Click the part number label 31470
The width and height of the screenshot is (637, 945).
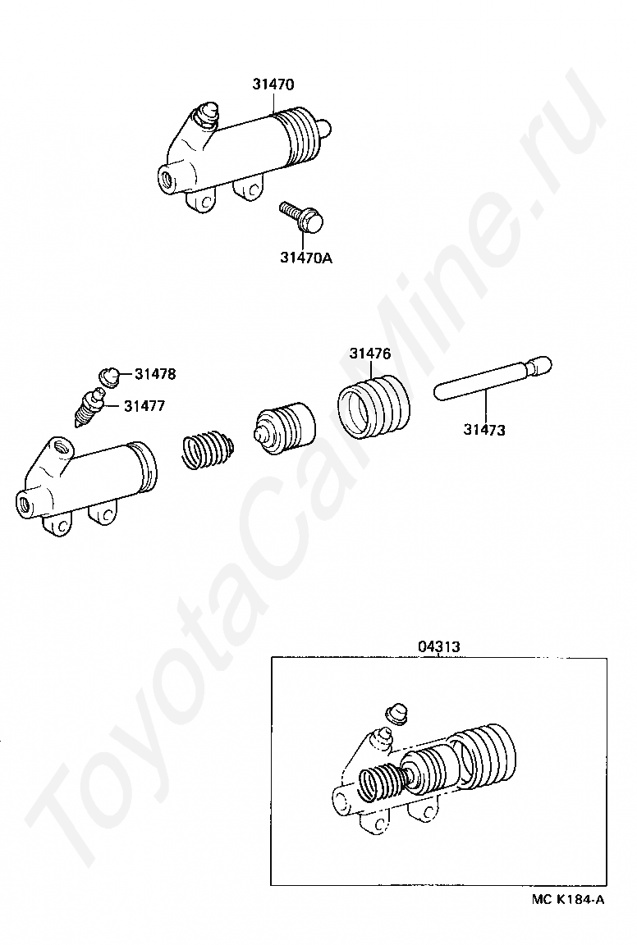click(274, 84)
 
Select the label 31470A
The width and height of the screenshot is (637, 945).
click(305, 257)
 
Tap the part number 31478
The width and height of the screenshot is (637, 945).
click(155, 374)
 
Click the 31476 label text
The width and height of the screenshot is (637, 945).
click(369, 354)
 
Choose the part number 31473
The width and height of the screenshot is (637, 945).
click(484, 429)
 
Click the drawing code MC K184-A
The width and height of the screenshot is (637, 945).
click(568, 899)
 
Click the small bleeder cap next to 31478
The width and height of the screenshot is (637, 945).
click(108, 376)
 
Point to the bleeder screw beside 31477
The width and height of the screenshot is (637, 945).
click(89, 408)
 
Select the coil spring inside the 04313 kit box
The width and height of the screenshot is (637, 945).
click(382, 781)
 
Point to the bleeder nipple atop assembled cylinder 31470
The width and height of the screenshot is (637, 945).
click(207, 114)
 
